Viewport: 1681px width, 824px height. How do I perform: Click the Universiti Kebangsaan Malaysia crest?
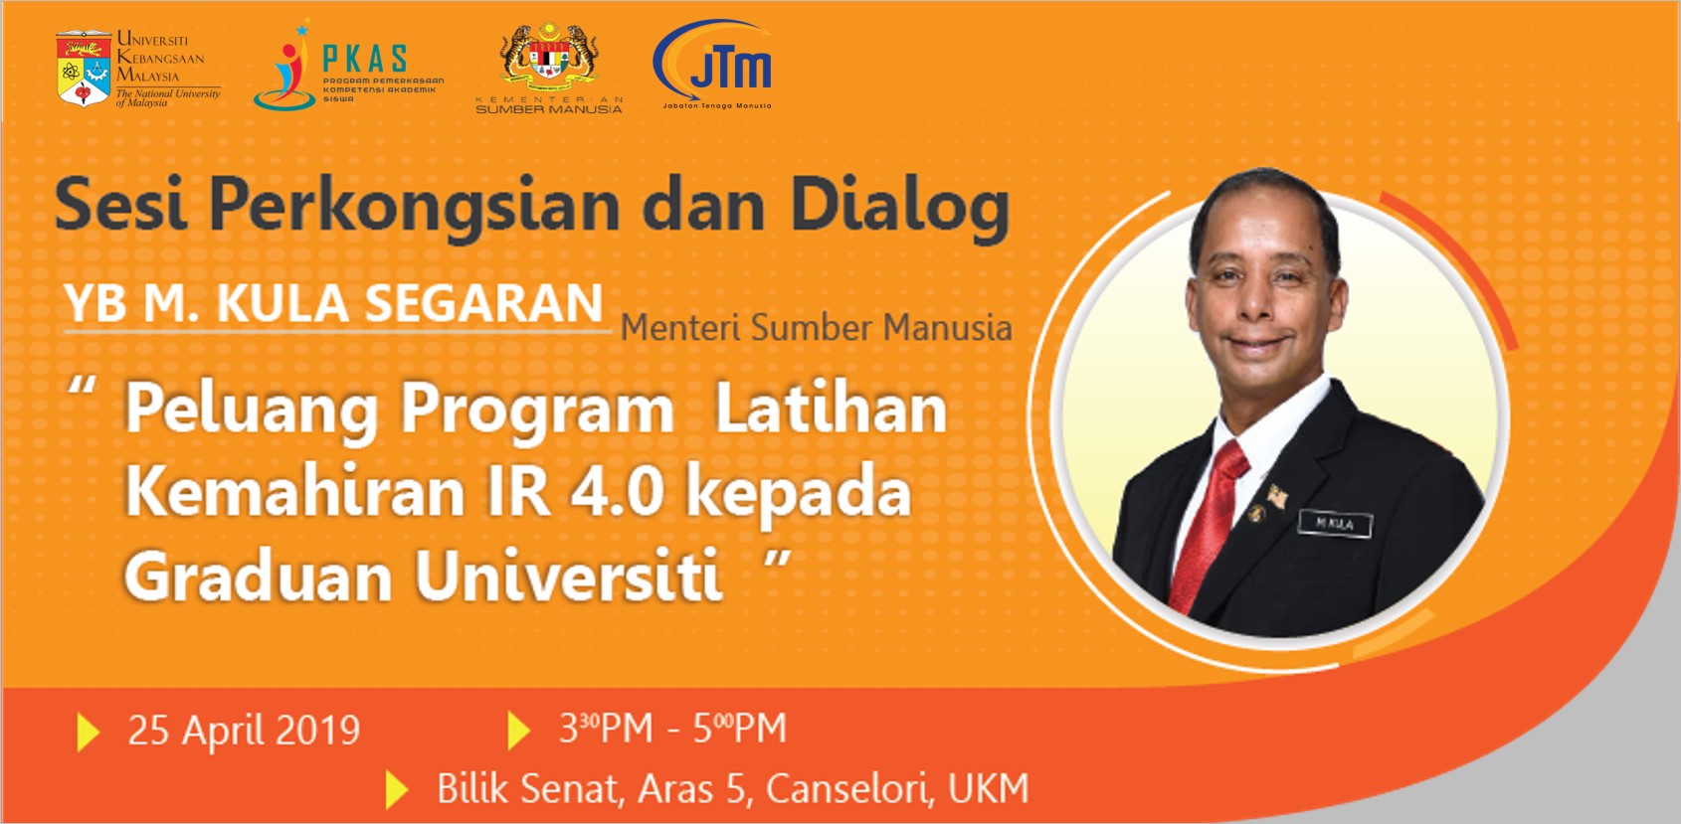[84, 69]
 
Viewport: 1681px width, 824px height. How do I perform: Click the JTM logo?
[713, 62]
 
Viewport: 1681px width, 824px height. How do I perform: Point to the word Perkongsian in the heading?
[415, 207]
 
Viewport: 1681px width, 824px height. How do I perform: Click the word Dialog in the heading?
[899, 207]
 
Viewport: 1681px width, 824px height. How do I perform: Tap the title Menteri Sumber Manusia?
[816, 328]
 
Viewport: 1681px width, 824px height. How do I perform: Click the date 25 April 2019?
[244, 731]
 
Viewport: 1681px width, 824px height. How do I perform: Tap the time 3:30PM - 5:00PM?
[672, 729]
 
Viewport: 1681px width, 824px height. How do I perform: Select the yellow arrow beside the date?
[89, 732]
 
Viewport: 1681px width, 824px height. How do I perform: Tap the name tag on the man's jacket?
[1334, 523]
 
